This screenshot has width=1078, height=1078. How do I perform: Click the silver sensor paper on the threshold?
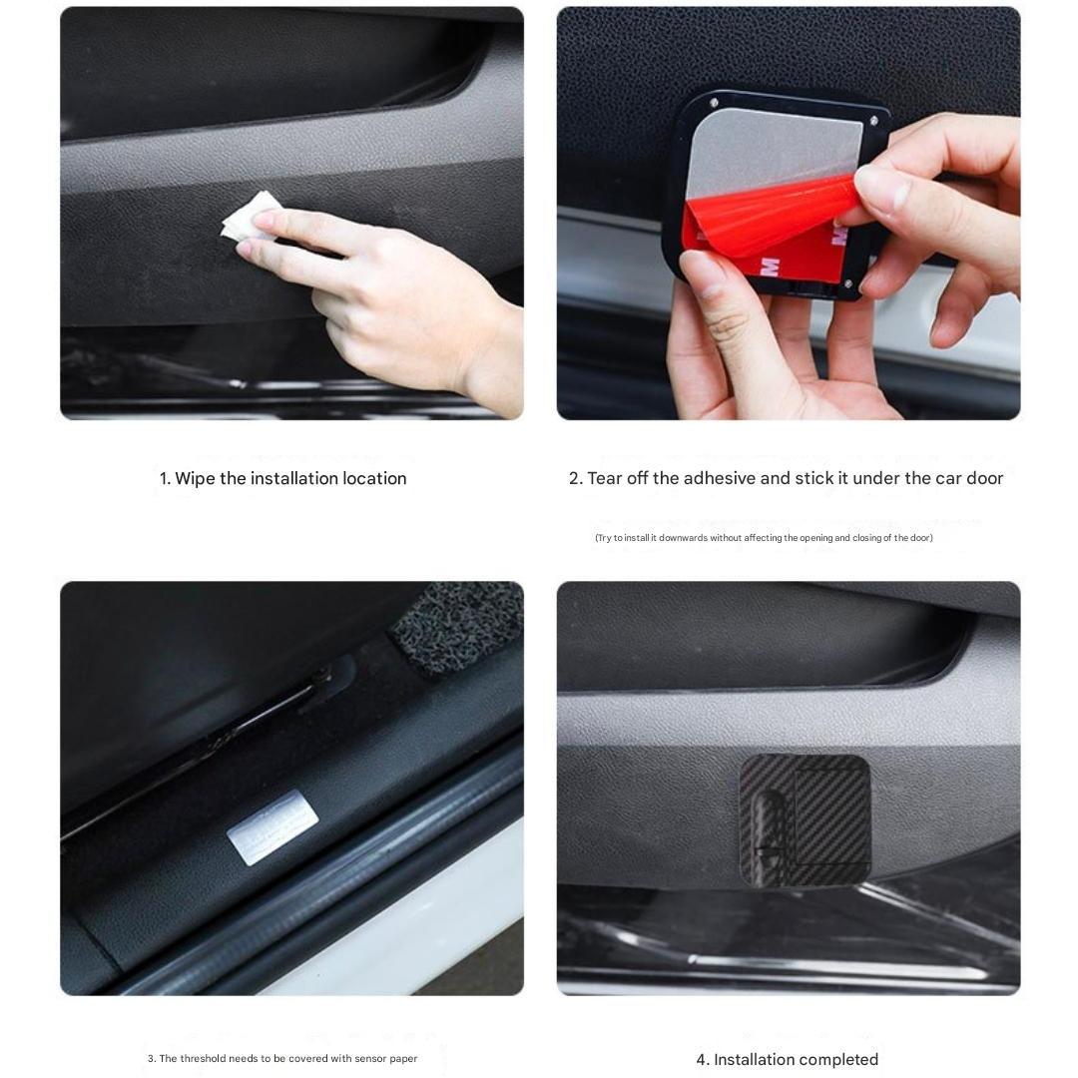point(271,826)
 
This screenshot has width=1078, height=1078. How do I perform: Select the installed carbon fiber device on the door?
point(805,820)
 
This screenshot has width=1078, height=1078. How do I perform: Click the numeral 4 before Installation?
point(701,1060)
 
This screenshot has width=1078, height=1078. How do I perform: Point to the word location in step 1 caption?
point(374,479)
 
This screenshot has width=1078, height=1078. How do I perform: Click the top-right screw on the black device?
point(873,121)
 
